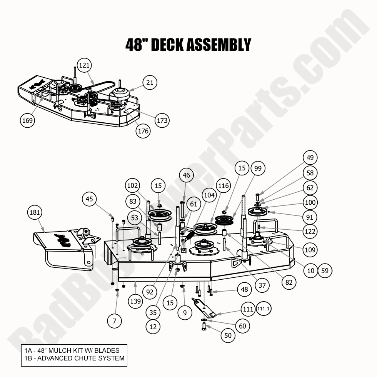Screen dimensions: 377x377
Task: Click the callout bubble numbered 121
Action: pyautogui.click(x=84, y=65)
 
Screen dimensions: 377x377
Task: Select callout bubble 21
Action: pyautogui.click(x=150, y=82)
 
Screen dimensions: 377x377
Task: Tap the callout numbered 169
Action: pyautogui.click(x=27, y=120)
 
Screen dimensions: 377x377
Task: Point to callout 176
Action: pyautogui.click(x=143, y=131)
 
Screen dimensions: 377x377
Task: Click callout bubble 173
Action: pyautogui.click(x=162, y=120)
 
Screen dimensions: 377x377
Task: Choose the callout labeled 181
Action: pyautogui.click(x=35, y=212)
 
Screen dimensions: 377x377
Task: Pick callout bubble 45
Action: pyautogui.click(x=89, y=199)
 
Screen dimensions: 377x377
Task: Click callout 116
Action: pyautogui.click(x=224, y=186)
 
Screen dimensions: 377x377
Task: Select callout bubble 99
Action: pyautogui.click(x=258, y=168)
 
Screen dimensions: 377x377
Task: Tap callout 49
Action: pyautogui.click(x=310, y=157)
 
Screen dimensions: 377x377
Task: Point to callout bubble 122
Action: pyautogui.click(x=310, y=231)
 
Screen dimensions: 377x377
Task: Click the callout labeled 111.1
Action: pyautogui.click(x=264, y=309)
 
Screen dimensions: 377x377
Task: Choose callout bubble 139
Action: pyautogui.click(x=135, y=301)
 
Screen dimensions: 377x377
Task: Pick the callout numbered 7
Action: pyautogui.click(x=115, y=320)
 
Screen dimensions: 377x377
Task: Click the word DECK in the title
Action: pyautogui.click(x=168, y=45)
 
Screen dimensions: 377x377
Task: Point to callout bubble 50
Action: pyautogui.click(x=228, y=335)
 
